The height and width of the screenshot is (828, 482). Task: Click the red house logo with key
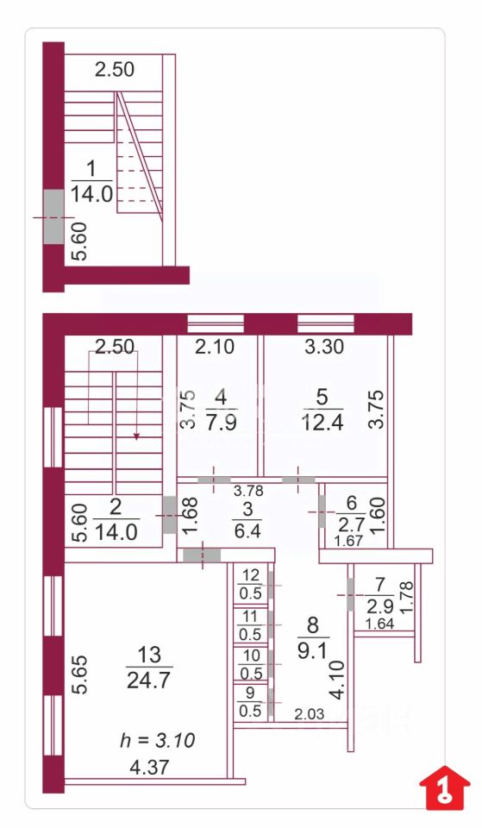click(x=445, y=787)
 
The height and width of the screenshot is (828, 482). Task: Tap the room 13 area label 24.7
click(x=149, y=681)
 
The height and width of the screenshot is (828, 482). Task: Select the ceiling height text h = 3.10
click(x=158, y=740)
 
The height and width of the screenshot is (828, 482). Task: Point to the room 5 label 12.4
click(x=323, y=423)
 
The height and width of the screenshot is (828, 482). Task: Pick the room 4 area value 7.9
click(x=222, y=423)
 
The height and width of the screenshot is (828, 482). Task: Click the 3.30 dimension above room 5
click(x=324, y=347)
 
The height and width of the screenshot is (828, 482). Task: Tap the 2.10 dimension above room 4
click(x=215, y=347)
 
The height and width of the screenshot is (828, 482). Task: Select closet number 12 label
click(x=250, y=574)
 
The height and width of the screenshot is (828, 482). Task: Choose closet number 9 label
click(x=250, y=692)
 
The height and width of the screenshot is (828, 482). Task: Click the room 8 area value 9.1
click(x=313, y=652)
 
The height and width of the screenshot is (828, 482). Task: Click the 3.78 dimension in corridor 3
click(x=248, y=491)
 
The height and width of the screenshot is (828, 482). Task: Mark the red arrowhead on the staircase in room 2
click(x=136, y=436)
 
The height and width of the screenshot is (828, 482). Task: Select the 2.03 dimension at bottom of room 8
click(x=309, y=715)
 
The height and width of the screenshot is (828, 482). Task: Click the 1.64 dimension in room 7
click(x=379, y=624)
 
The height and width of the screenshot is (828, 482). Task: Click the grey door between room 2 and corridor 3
click(x=169, y=514)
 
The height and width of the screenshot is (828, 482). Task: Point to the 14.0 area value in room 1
click(x=92, y=194)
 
